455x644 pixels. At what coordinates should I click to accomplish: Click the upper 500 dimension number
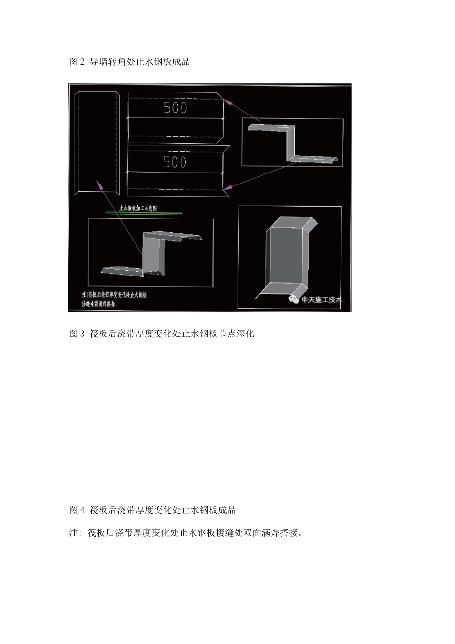click(175, 107)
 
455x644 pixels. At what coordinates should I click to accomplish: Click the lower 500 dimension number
click(175, 162)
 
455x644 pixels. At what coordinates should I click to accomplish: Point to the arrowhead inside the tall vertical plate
click(99, 184)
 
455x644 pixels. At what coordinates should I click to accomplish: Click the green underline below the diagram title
click(144, 213)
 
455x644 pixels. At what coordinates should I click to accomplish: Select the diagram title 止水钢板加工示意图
click(138, 208)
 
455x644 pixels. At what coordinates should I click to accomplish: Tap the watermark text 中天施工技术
click(322, 300)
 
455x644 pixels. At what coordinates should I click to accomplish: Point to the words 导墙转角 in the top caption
click(109, 62)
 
